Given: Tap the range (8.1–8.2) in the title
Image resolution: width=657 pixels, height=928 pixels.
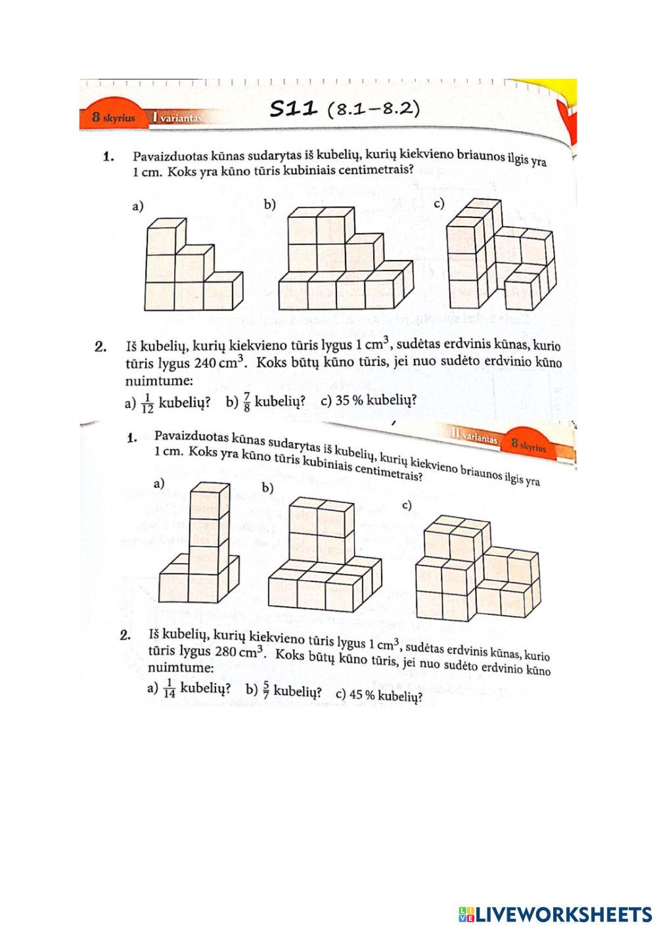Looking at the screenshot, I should point(373,108).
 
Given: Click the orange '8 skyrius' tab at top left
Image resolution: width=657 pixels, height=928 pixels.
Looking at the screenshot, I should point(113,118).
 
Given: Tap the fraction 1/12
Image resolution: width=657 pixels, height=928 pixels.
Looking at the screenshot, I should point(147,403).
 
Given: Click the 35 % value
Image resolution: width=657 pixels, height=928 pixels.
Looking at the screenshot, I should point(350,401).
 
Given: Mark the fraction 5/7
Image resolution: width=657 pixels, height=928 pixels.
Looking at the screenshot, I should point(266,690).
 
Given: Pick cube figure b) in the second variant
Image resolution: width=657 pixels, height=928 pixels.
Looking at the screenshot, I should point(325,557).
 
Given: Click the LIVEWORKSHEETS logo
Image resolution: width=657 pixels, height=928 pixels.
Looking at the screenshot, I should point(555,914).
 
